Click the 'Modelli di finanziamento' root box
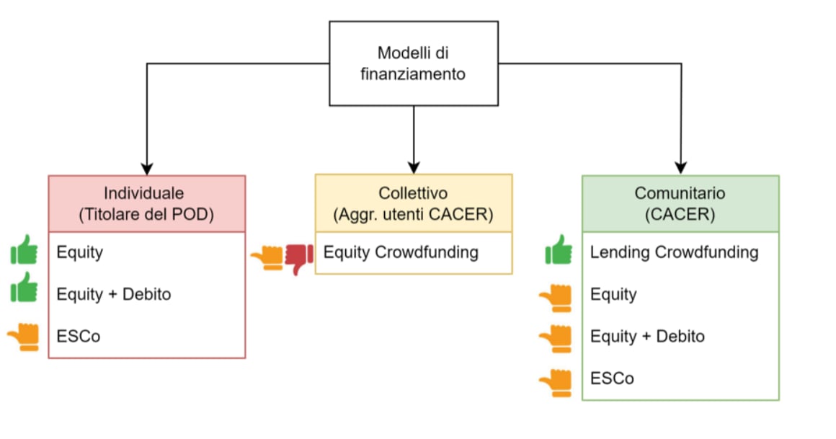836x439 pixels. coord(413,63)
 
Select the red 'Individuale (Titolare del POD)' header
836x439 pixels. coord(147,204)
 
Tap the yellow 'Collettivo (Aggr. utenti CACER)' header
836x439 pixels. coord(414,203)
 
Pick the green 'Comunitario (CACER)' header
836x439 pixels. coord(680,204)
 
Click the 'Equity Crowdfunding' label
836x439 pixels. coord(401,252)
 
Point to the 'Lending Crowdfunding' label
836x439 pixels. coord(674,252)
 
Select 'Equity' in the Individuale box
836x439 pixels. coord(80,252)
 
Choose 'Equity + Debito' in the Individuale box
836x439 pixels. coord(114,294)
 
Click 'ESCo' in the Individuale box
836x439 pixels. coord(79,336)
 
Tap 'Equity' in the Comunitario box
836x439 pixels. coord(613,294)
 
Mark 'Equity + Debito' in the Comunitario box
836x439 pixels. coord(647,336)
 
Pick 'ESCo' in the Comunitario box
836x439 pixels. coord(612,378)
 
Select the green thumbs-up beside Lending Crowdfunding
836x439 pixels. coord(559,250)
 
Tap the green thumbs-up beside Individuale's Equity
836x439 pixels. coord(24,250)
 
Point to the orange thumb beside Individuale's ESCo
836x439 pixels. coord(24,336)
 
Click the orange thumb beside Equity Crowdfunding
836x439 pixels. coord(267,257)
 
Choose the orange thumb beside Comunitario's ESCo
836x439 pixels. coord(556,382)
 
